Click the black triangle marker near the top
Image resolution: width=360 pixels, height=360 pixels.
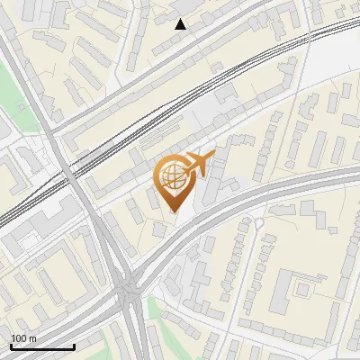point(180,24)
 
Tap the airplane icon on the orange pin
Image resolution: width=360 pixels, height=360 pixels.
point(198,164)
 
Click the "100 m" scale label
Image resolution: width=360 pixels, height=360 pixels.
point(23,338)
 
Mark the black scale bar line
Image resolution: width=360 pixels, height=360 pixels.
point(42,346)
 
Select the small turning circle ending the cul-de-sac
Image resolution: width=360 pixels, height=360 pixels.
point(258,222)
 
